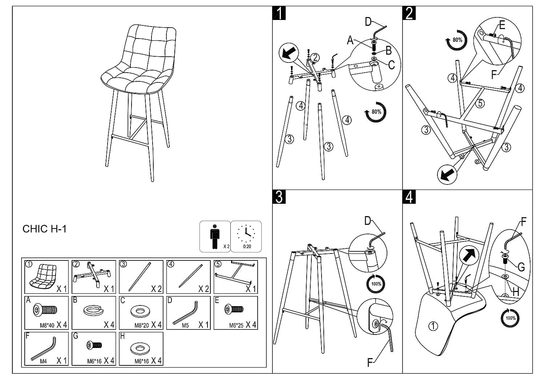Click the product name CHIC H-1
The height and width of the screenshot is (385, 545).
(44, 229)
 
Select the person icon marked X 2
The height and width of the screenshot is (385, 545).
(215, 236)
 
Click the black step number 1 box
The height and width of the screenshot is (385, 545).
(279, 13)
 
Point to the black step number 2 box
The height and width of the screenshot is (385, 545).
(409, 13)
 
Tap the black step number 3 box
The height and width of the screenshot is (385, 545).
(279, 196)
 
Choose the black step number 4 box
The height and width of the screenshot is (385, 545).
(409, 196)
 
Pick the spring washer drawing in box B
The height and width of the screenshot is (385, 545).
(94, 311)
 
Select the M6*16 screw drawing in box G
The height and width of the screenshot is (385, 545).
(94, 345)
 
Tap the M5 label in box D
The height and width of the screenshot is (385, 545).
(185, 325)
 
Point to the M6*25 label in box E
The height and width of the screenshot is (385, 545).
(236, 325)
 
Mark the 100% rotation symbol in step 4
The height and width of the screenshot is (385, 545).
(510, 318)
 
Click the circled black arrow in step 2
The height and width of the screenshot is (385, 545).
(447, 174)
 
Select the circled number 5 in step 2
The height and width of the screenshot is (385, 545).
(480, 104)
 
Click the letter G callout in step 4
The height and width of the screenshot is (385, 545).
(521, 268)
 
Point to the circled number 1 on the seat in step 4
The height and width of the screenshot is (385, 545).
(433, 326)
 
